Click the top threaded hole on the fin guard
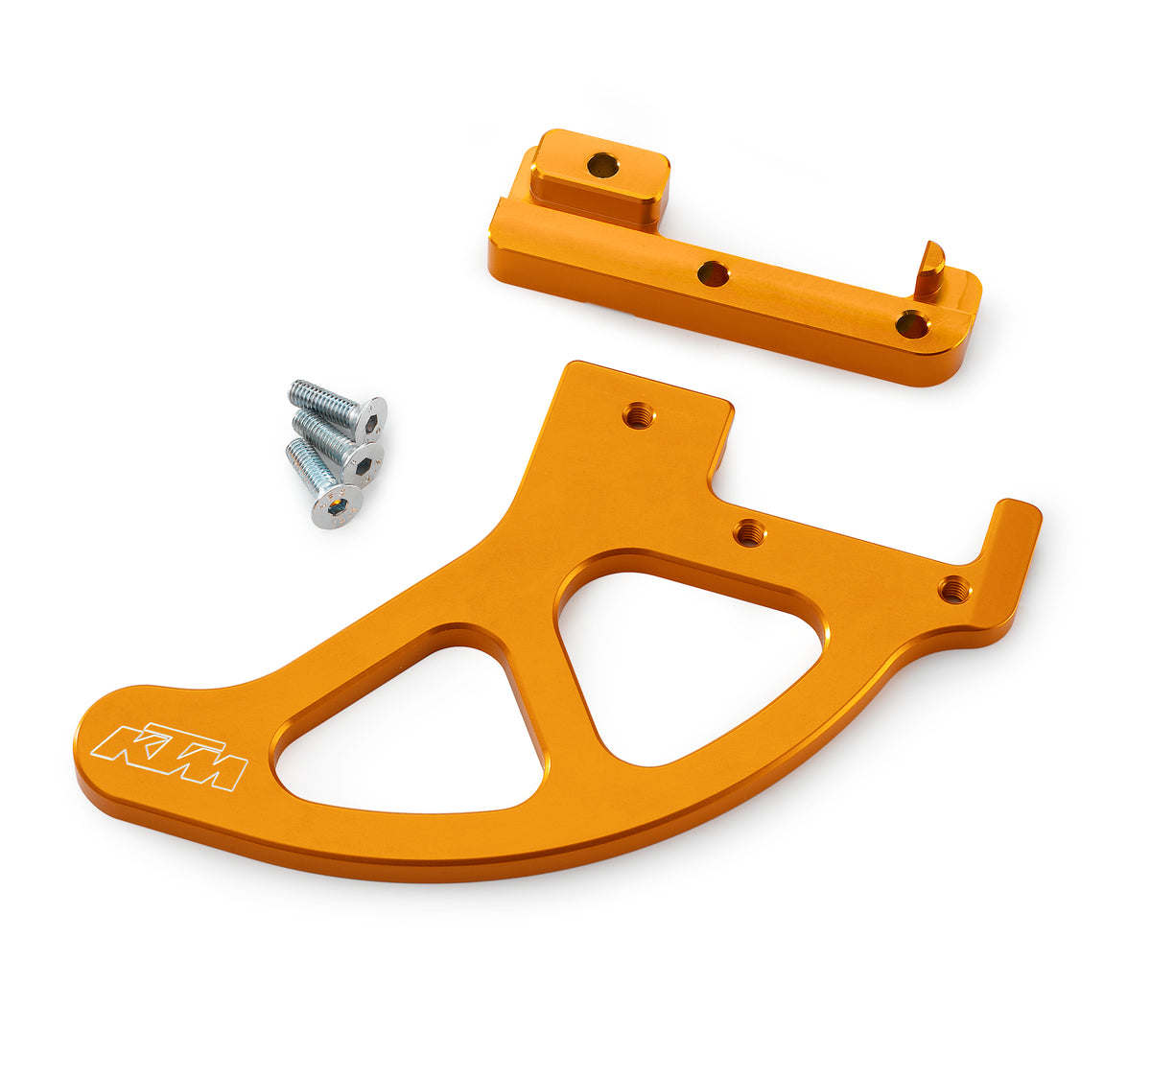pos(636,415)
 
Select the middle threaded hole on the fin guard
pos(749,532)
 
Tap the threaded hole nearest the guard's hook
pos(953,589)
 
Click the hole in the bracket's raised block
pos(603,165)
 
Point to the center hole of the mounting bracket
pos(713,274)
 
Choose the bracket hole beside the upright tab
pos(912,324)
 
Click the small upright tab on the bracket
pos(928,269)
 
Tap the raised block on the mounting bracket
pos(599,177)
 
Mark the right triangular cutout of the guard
pos(686,662)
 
